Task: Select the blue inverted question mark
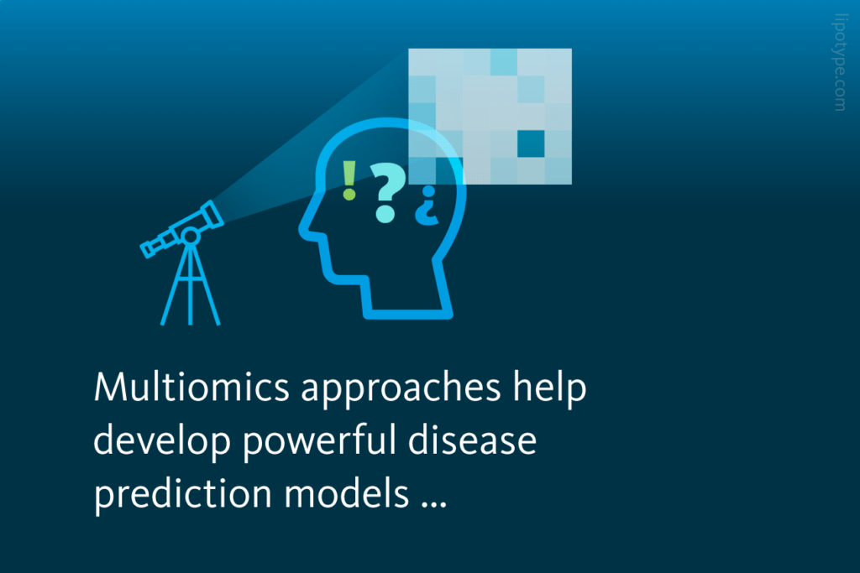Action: pos(427,208)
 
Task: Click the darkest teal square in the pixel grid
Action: pos(531,143)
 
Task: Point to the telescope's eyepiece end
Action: pos(149,247)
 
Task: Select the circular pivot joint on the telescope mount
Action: pos(191,237)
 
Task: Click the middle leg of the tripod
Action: pos(191,289)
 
